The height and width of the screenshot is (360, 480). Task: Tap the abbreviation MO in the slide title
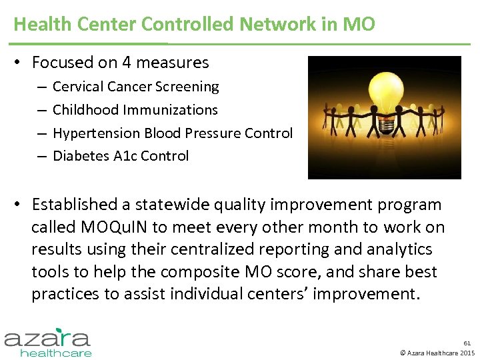359,25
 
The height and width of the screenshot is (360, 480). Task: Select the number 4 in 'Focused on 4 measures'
126,63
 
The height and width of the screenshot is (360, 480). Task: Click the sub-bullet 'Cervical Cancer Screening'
135,87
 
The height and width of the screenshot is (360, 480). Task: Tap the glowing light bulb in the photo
385,93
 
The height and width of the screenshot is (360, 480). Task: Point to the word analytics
399,249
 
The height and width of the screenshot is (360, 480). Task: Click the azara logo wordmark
47,338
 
